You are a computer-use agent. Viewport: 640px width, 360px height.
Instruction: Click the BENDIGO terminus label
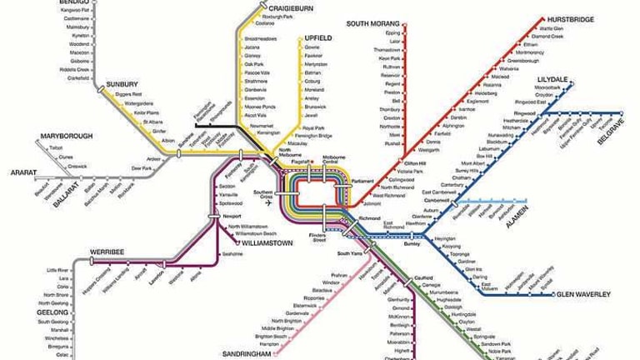point(72,3)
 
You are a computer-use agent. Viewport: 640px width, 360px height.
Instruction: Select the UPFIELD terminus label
point(319,37)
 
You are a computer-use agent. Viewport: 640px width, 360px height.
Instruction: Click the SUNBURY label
point(122,84)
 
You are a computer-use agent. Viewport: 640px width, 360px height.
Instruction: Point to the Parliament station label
point(363,180)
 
